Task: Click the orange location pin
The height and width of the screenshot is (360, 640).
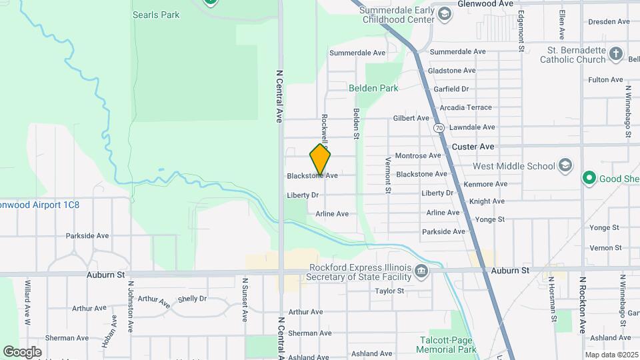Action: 320,159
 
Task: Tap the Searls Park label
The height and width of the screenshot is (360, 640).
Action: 156,15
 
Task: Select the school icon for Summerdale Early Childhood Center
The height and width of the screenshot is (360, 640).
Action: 444,12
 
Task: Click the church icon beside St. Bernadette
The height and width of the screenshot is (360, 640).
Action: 617,54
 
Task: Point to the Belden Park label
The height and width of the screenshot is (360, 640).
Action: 373,88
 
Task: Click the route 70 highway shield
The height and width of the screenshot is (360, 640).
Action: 439,128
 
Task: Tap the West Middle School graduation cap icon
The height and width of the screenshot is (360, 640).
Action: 565,165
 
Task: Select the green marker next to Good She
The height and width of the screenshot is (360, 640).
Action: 589,178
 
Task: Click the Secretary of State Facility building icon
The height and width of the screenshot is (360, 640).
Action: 421,271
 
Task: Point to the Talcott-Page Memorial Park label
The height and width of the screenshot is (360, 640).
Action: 448,344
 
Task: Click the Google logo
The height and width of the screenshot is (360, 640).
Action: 22,351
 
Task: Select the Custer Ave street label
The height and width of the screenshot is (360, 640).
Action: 473,146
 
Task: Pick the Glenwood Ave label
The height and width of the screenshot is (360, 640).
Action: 485,3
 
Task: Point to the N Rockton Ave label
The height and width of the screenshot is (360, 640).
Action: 582,305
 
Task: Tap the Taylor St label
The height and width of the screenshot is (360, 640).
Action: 389,291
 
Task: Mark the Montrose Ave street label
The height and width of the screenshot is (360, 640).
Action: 418,156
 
